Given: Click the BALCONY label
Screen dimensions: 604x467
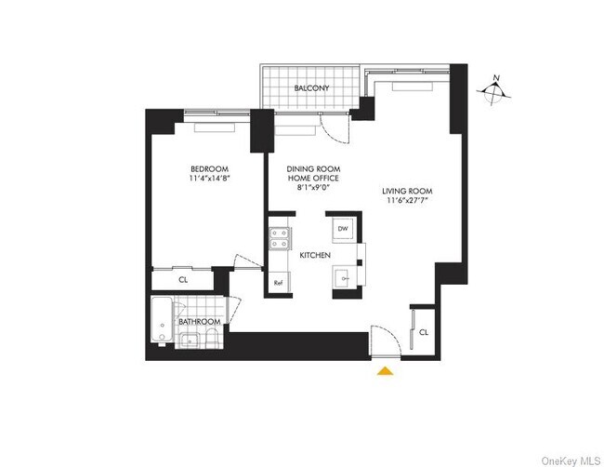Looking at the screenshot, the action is point(311,88).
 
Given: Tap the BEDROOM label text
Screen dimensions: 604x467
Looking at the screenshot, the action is point(210,169).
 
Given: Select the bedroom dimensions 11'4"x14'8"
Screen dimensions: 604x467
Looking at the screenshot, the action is point(210,179).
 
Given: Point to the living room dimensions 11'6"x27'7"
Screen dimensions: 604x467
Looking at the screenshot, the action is point(407,200).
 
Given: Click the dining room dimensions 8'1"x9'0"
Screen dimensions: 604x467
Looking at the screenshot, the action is point(313,188).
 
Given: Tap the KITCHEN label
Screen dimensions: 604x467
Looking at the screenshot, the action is point(315,255).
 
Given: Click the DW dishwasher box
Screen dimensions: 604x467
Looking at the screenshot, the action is point(343,229).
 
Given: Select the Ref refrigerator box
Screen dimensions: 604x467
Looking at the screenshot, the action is point(279,282).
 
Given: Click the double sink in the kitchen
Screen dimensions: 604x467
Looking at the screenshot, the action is point(280,239).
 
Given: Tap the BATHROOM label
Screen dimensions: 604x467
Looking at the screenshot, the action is point(200,322).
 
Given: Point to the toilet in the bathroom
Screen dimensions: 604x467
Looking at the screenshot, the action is point(212,339).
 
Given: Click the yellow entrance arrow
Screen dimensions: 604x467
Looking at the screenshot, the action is point(386,371).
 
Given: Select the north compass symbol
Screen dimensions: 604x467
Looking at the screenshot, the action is point(494,90).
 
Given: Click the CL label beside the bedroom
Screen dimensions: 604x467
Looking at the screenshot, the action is point(183,280).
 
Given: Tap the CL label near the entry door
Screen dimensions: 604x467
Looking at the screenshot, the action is point(424,332).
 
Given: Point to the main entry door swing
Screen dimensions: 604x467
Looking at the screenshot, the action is point(387,340).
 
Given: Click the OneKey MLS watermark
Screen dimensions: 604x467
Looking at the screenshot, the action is point(571,460).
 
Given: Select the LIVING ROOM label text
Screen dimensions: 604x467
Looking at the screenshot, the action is point(407,191).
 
